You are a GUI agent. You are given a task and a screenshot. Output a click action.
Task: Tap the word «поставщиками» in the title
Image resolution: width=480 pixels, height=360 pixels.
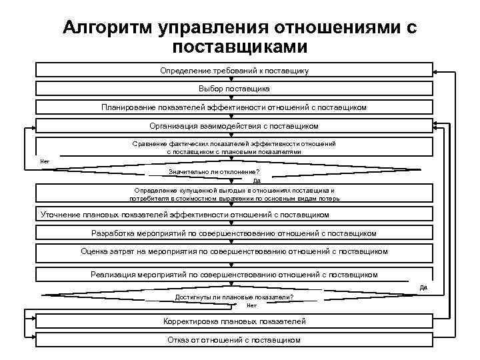point(239,47)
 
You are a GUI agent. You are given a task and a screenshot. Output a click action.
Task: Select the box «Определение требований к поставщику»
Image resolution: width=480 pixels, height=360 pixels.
point(234,70)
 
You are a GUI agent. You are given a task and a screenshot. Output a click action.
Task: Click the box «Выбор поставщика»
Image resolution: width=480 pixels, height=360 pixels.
point(234,88)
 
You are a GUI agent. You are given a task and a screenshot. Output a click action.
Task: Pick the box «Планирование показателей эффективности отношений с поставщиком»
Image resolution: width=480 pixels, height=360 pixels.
point(234,107)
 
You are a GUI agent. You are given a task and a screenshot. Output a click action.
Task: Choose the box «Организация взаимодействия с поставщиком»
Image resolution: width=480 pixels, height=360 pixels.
point(234,125)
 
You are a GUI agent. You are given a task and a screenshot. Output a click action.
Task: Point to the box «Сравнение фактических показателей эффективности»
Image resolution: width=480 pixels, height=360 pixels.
point(234,147)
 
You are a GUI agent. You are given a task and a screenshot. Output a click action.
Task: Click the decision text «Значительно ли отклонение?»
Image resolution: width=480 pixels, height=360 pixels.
point(214,171)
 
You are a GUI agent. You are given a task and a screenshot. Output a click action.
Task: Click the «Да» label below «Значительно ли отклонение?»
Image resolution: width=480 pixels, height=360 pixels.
point(257,181)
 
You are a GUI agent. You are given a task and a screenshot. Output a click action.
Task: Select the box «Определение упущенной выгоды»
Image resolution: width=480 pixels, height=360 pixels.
point(234,194)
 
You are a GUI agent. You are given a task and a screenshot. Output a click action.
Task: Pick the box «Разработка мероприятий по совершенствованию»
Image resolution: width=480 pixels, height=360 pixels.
point(234,233)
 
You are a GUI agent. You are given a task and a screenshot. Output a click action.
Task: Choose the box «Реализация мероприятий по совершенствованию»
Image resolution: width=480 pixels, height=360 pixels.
point(234,274)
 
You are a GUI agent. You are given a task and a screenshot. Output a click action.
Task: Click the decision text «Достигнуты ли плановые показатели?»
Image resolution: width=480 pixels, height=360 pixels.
point(234,297)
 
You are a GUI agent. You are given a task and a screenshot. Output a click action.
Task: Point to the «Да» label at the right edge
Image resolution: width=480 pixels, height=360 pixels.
point(423,287)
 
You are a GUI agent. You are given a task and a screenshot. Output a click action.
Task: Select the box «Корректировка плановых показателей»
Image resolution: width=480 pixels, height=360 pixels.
point(234,321)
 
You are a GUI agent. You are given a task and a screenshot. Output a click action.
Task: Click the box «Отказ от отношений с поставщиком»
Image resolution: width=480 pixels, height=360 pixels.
point(234,340)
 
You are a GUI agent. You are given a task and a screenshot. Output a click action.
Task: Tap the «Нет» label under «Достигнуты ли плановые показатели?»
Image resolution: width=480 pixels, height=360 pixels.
point(251,305)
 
